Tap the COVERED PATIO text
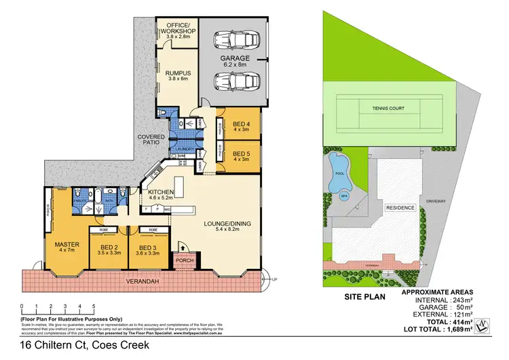tap(151, 140)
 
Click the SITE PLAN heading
tap(365, 297)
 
